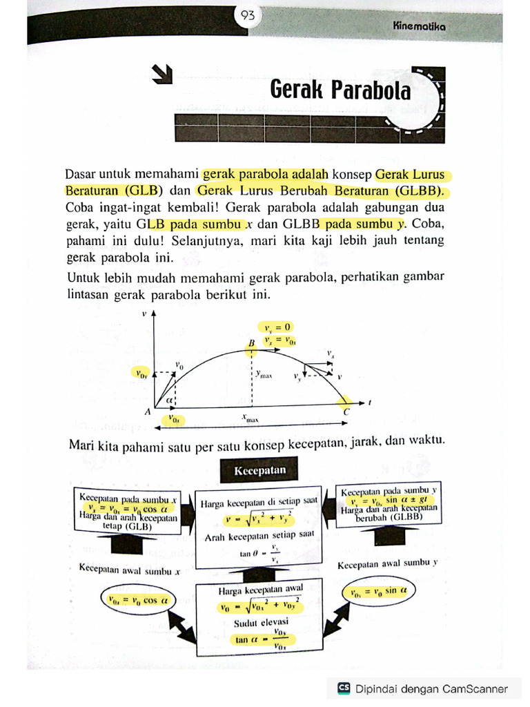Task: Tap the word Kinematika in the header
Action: [419, 26]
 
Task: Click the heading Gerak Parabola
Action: [340, 90]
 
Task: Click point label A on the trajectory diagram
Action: [148, 412]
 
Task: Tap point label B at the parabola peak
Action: [252, 343]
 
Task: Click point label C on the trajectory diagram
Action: [346, 412]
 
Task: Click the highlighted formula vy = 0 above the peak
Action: [275, 327]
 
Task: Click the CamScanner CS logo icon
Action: [344, 688]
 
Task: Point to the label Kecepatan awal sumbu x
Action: [130, 571]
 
